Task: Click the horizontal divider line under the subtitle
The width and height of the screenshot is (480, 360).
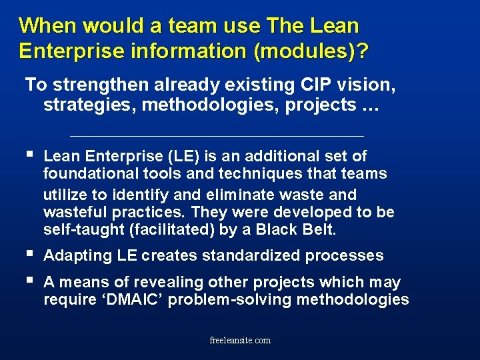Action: pos(217,136)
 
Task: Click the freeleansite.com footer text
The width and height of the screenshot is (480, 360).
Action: pos(240,340)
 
